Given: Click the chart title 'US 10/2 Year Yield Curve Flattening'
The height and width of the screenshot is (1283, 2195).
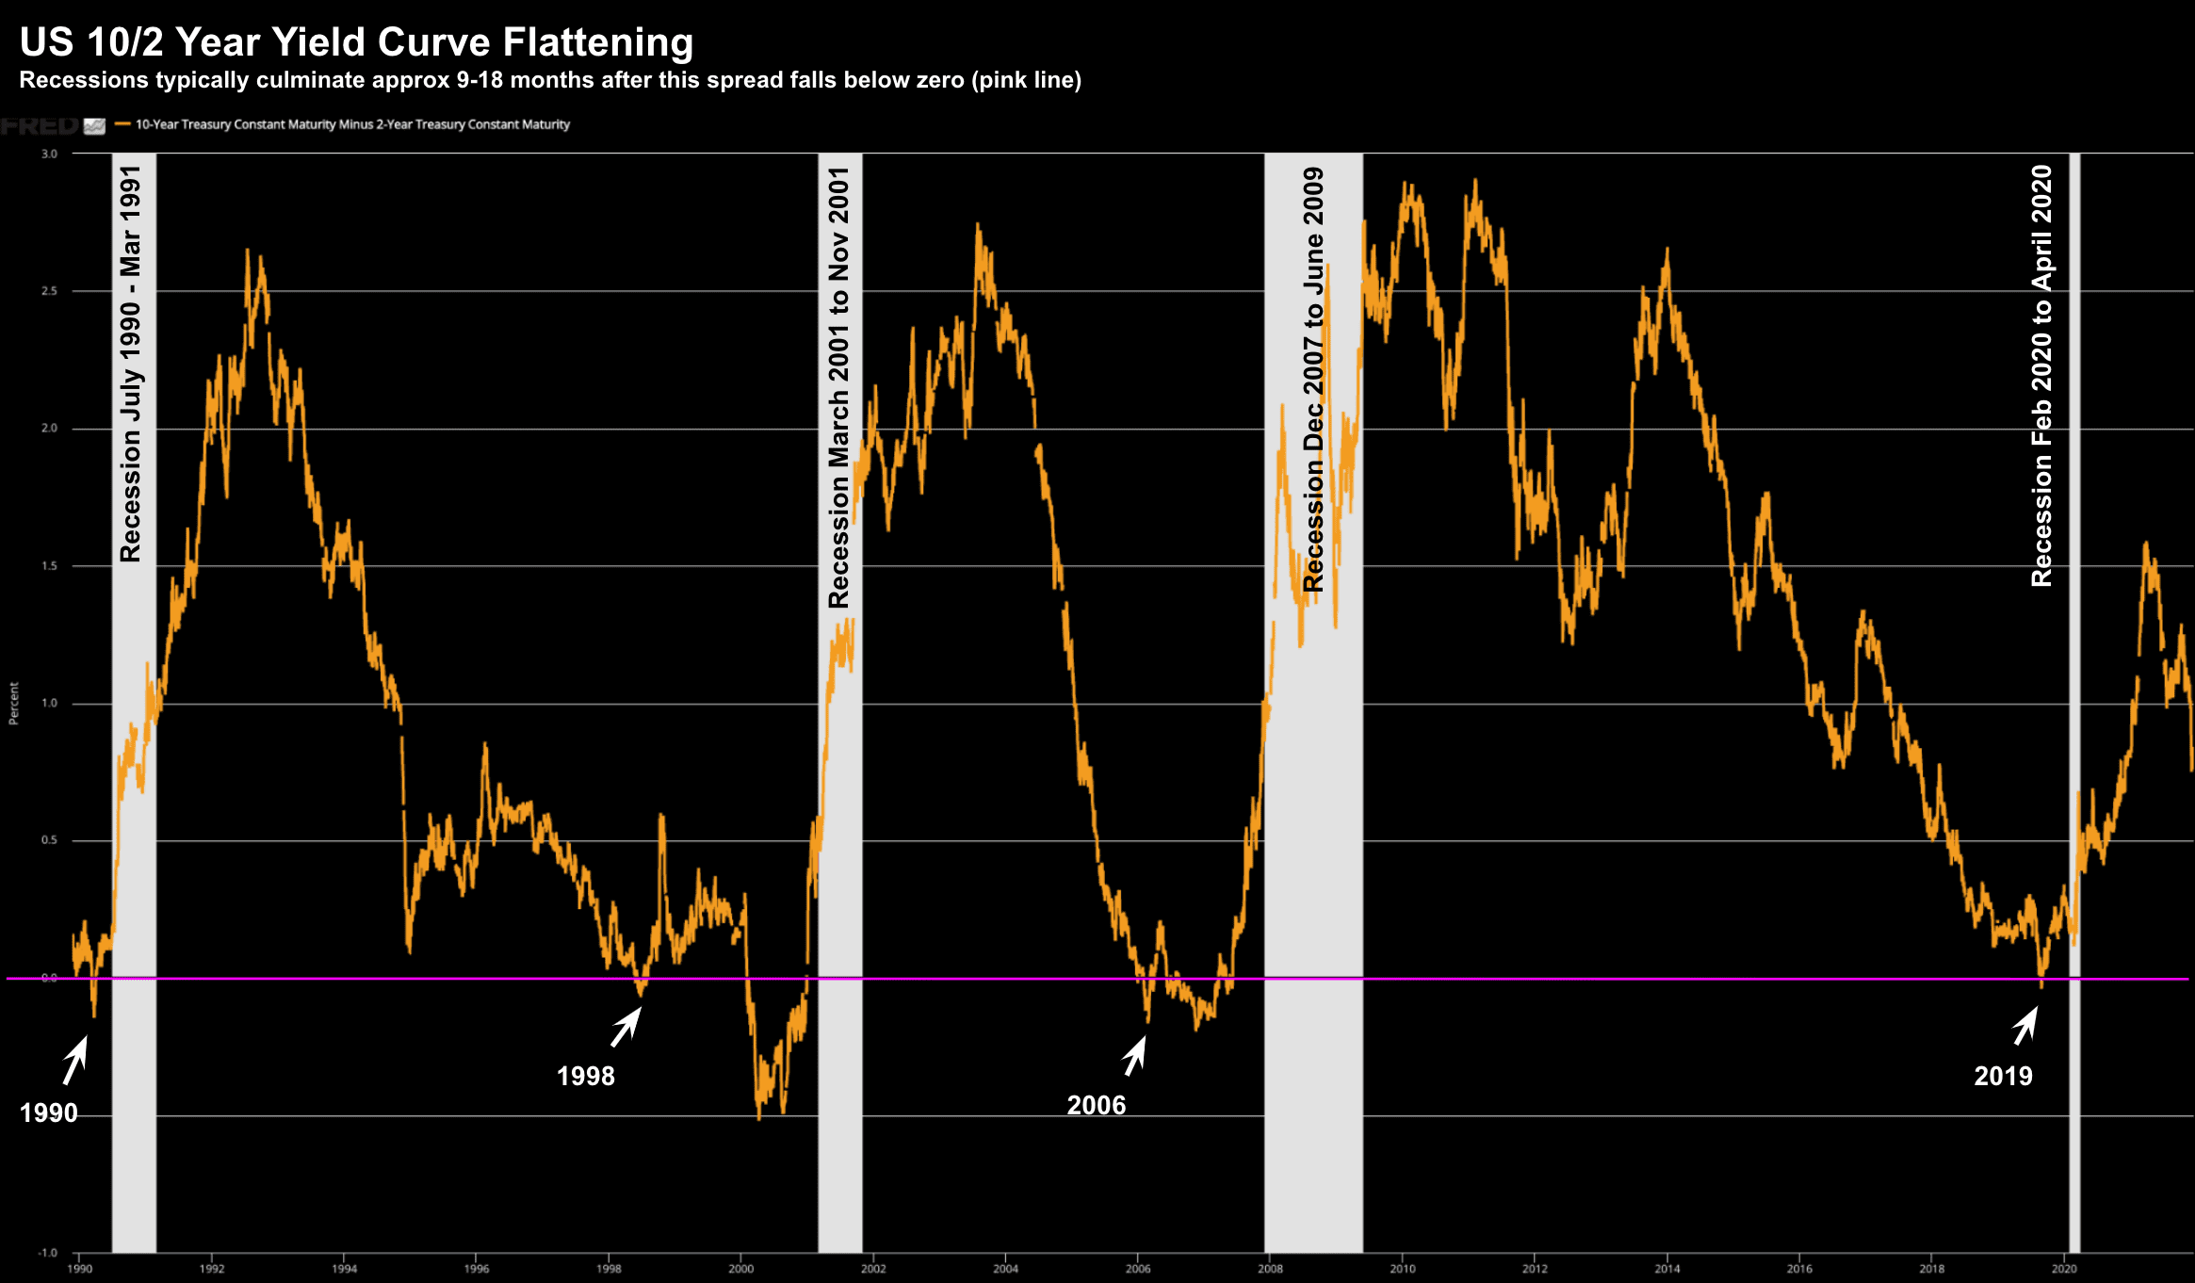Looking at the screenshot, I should [356, 43].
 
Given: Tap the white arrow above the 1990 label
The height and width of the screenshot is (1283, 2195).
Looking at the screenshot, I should [75, 1060].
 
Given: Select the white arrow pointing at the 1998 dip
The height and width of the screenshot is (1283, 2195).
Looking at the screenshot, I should [626, 1027].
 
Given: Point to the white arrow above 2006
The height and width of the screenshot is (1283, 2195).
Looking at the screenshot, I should [1135, 1056].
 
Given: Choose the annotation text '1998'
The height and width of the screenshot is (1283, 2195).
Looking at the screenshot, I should [585, 1076].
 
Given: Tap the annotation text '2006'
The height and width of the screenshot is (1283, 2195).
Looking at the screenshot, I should [1096, 1105].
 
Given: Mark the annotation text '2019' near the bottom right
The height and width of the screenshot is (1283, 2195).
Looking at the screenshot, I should [2003, 1076].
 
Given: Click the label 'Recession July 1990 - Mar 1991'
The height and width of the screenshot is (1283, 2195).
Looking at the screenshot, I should [131, 364].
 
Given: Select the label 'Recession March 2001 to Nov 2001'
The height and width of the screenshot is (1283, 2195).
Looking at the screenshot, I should [838, 387].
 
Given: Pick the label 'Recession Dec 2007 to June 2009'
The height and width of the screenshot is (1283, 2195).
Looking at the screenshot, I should [1313, 380].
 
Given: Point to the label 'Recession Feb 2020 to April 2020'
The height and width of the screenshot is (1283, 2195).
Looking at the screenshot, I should [2041, 376].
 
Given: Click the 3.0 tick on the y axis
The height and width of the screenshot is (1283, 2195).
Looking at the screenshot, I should [49, 154].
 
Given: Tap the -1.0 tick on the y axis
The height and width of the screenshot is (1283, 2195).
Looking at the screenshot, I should [47, 1253].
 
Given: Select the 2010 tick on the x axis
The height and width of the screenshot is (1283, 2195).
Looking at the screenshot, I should [1402, 1269].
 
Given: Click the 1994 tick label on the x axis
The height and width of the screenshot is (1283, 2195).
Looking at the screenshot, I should [344, 1269].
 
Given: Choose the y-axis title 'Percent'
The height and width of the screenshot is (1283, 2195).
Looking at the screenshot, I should [14, 704].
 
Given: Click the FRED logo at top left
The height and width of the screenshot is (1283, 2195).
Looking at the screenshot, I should [40, 125].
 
